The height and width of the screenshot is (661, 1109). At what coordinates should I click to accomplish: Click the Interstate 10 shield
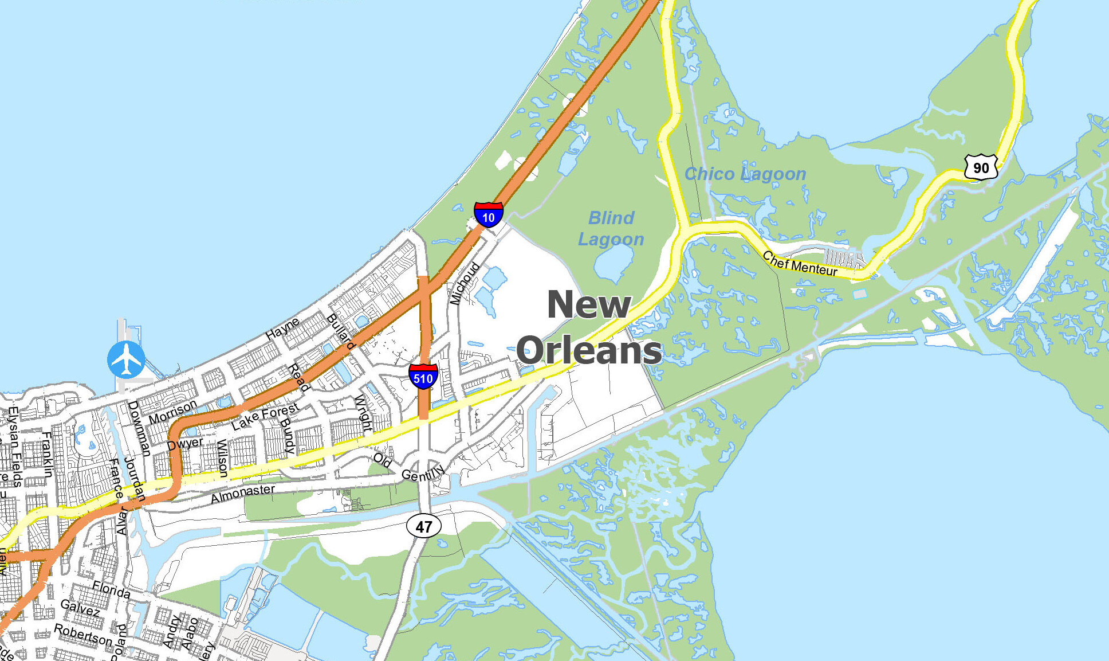488,215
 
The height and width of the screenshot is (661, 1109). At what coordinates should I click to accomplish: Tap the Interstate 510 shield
423,376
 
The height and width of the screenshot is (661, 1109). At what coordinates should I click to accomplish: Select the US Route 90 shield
981,167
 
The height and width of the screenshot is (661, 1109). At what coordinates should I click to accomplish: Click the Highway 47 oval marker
424,526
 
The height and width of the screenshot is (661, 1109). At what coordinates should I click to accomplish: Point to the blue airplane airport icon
126,359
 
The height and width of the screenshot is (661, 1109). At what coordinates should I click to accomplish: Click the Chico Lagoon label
745,174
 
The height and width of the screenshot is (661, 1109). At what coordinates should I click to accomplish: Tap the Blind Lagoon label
611,228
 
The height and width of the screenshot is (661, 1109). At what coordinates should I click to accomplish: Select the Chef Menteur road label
800,264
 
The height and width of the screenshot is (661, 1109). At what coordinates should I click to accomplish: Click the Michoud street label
464,283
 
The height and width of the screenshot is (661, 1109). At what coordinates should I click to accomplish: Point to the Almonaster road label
243,493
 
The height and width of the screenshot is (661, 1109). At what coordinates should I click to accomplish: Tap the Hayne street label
282,328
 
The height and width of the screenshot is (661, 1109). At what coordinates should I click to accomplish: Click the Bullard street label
341,331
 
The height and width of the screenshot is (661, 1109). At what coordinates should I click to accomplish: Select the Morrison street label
172,412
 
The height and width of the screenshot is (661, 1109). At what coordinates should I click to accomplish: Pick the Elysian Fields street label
14,447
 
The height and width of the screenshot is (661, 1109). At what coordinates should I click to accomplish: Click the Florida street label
111,589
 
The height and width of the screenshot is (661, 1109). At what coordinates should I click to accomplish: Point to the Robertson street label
83,634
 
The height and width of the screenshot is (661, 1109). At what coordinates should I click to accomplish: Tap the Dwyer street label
185,444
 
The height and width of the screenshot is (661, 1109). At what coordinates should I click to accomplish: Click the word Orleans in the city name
589,350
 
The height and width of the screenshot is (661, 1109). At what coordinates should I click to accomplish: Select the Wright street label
363,413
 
